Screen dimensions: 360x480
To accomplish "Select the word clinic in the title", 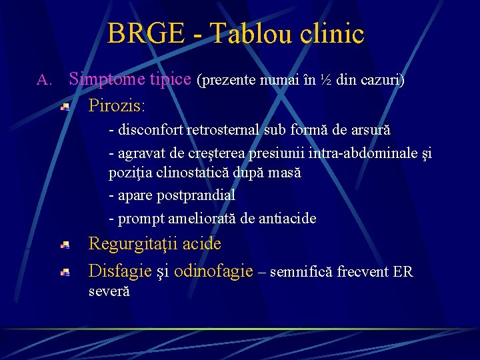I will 333,33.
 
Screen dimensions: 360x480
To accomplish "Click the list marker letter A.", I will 43,81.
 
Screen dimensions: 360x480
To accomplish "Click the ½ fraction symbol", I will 326,80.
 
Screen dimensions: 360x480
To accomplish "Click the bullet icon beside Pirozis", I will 65,106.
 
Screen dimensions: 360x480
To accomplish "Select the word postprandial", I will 196,195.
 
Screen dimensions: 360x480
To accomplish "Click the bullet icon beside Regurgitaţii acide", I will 65,245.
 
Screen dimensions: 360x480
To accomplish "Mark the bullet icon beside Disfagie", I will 65,272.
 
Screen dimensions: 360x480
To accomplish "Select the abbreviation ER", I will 403,271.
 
